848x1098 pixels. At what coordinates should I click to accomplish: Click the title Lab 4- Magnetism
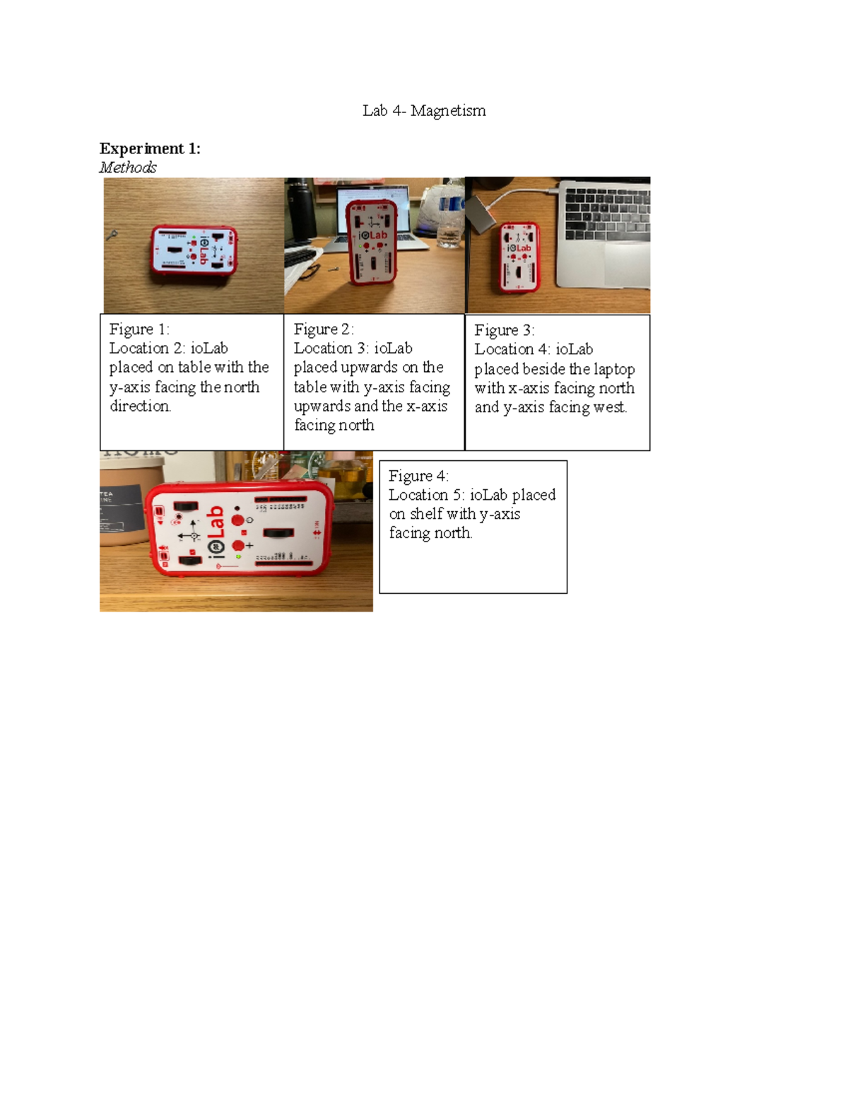coord(424,110)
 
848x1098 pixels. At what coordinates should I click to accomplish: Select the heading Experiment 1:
coord(150,148)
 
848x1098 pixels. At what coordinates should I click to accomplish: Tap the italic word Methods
coord(128,168)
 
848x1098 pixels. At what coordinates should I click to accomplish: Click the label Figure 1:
coord(139,329)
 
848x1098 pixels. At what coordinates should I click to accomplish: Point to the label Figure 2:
coord(323,329)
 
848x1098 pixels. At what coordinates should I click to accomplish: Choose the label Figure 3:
coord(504,330)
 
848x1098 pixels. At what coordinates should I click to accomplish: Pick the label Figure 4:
coord(418,476)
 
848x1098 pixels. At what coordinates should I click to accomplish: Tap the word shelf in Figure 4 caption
coord(426,514)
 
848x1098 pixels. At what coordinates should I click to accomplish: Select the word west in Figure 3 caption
coord(612,407)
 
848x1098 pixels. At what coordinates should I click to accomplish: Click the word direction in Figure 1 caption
coord(140,407)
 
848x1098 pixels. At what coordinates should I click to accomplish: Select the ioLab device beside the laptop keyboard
coord(519,257)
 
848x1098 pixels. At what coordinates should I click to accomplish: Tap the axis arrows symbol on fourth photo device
coord(192,532)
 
